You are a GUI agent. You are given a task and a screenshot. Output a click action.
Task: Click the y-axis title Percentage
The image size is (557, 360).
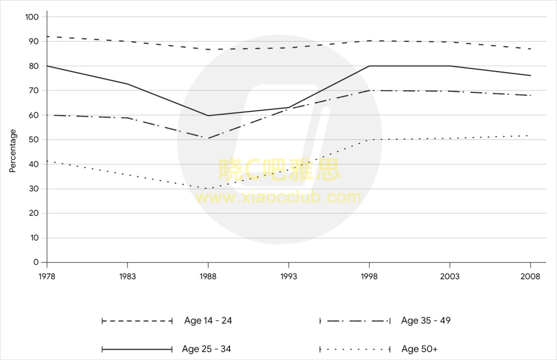tap(12, 151)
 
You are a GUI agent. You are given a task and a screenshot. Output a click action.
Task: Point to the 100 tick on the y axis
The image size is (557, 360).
tap(32, 17)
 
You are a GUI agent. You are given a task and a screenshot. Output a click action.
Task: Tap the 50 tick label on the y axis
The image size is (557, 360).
tap(34, 140)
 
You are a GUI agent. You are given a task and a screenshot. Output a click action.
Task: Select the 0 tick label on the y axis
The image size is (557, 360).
tap(36, 263)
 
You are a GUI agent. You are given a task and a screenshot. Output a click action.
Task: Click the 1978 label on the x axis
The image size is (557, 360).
tap(47, 276)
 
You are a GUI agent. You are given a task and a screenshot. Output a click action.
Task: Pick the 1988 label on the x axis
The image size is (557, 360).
tap(208, 276)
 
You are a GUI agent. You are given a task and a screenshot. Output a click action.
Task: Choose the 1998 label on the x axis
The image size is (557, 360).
tap(369, 276)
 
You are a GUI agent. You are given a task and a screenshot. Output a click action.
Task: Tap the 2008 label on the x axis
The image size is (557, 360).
tap(530, 276)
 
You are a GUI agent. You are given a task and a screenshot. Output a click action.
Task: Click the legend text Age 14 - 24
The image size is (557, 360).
tap(208, 321)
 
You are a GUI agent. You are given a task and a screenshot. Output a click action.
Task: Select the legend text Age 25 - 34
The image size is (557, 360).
tap(206, 349)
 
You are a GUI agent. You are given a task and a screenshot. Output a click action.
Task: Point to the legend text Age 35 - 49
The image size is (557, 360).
tap(426, 321)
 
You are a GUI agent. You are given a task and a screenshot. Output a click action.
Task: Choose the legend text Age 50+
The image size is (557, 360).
tap(419, 349)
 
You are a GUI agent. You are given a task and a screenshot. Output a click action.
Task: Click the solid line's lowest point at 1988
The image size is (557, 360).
tap(208, 116)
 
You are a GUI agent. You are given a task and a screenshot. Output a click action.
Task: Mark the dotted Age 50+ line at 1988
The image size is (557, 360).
tap(208, 189)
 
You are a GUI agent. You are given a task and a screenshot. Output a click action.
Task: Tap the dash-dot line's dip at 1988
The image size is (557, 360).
tap(208, 138)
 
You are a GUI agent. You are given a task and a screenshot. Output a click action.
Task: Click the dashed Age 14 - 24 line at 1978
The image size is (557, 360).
tap(47, 37)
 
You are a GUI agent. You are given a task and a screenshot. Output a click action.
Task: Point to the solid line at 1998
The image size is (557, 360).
tap(369, 66)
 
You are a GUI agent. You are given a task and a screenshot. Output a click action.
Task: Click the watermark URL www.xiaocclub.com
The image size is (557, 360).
tap(278, 198)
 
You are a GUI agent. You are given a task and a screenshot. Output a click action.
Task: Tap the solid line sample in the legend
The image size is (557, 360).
tap(137, 349)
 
